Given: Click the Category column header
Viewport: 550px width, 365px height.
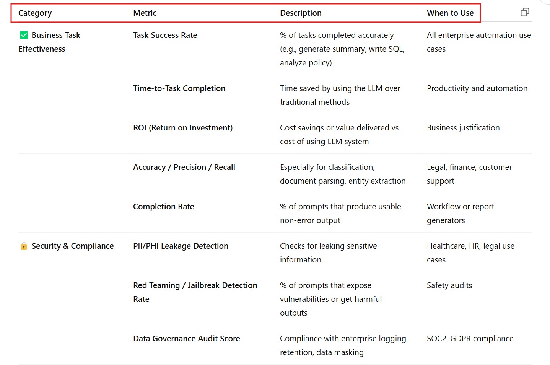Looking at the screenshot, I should coord(35,13).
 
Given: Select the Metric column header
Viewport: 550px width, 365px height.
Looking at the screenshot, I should coord(145,13).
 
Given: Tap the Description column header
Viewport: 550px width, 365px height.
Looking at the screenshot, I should coord(301,13).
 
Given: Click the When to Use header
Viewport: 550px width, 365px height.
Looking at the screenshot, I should coord(450,13).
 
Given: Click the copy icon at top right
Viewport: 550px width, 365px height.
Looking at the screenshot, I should coord(525,12).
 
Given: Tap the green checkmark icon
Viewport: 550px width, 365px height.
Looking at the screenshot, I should coord(24,35).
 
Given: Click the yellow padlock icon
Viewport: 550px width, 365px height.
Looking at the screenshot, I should coord(24,246).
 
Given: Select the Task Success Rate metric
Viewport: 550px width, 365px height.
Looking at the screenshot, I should coord(165,35).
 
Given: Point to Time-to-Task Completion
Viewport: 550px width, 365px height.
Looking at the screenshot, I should coord(179,88).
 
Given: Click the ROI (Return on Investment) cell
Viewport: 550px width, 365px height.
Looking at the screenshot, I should coord(182,128).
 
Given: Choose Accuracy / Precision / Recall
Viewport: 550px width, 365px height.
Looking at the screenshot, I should coord(184,167).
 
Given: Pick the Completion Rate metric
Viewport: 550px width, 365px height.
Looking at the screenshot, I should coord(163,207).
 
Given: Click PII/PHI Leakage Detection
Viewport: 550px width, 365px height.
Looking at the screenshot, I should coord(181,246).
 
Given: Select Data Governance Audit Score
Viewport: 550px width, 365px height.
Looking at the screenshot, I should coord(186,339).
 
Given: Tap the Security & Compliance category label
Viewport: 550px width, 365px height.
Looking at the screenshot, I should coord(72,246).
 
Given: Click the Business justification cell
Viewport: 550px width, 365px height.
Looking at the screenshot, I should coord(463,128).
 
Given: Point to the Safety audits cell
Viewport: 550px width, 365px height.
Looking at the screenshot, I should coord(449,285).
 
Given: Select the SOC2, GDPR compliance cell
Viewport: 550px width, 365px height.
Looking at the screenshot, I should coord(470,339).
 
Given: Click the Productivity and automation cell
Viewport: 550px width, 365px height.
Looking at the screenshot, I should coord(477,88).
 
